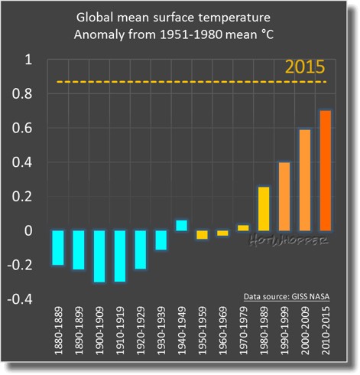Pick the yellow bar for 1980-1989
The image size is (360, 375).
point(264,208)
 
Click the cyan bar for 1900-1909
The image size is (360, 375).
point(99,256)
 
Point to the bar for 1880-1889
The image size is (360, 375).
point(57,247)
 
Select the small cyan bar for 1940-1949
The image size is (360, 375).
point(181,225)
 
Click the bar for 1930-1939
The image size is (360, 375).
point(161,240)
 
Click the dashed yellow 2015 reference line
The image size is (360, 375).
point(191,82)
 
